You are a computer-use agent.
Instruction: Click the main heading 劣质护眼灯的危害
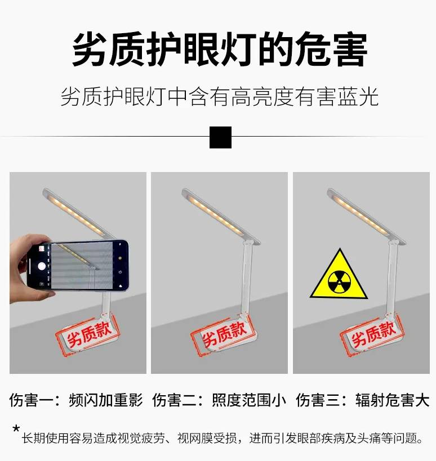tap(220, 49)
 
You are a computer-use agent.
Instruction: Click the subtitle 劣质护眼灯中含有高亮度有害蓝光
tap(220, 97)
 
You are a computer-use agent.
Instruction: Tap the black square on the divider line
tap(220, 137)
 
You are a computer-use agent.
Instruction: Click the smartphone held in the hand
tap(78, 265)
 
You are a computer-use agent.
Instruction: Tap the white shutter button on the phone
tap(42, 266)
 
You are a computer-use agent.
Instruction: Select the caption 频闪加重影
tap(106, 400)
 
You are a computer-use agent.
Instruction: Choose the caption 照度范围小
tap(249, 400)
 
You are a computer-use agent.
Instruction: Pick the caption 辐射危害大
tap(393, 400)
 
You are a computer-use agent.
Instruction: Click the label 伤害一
tap(32, 400)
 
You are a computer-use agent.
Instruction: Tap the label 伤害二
tap(175, 400)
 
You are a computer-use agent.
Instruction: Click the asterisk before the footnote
tap(16, 428)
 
